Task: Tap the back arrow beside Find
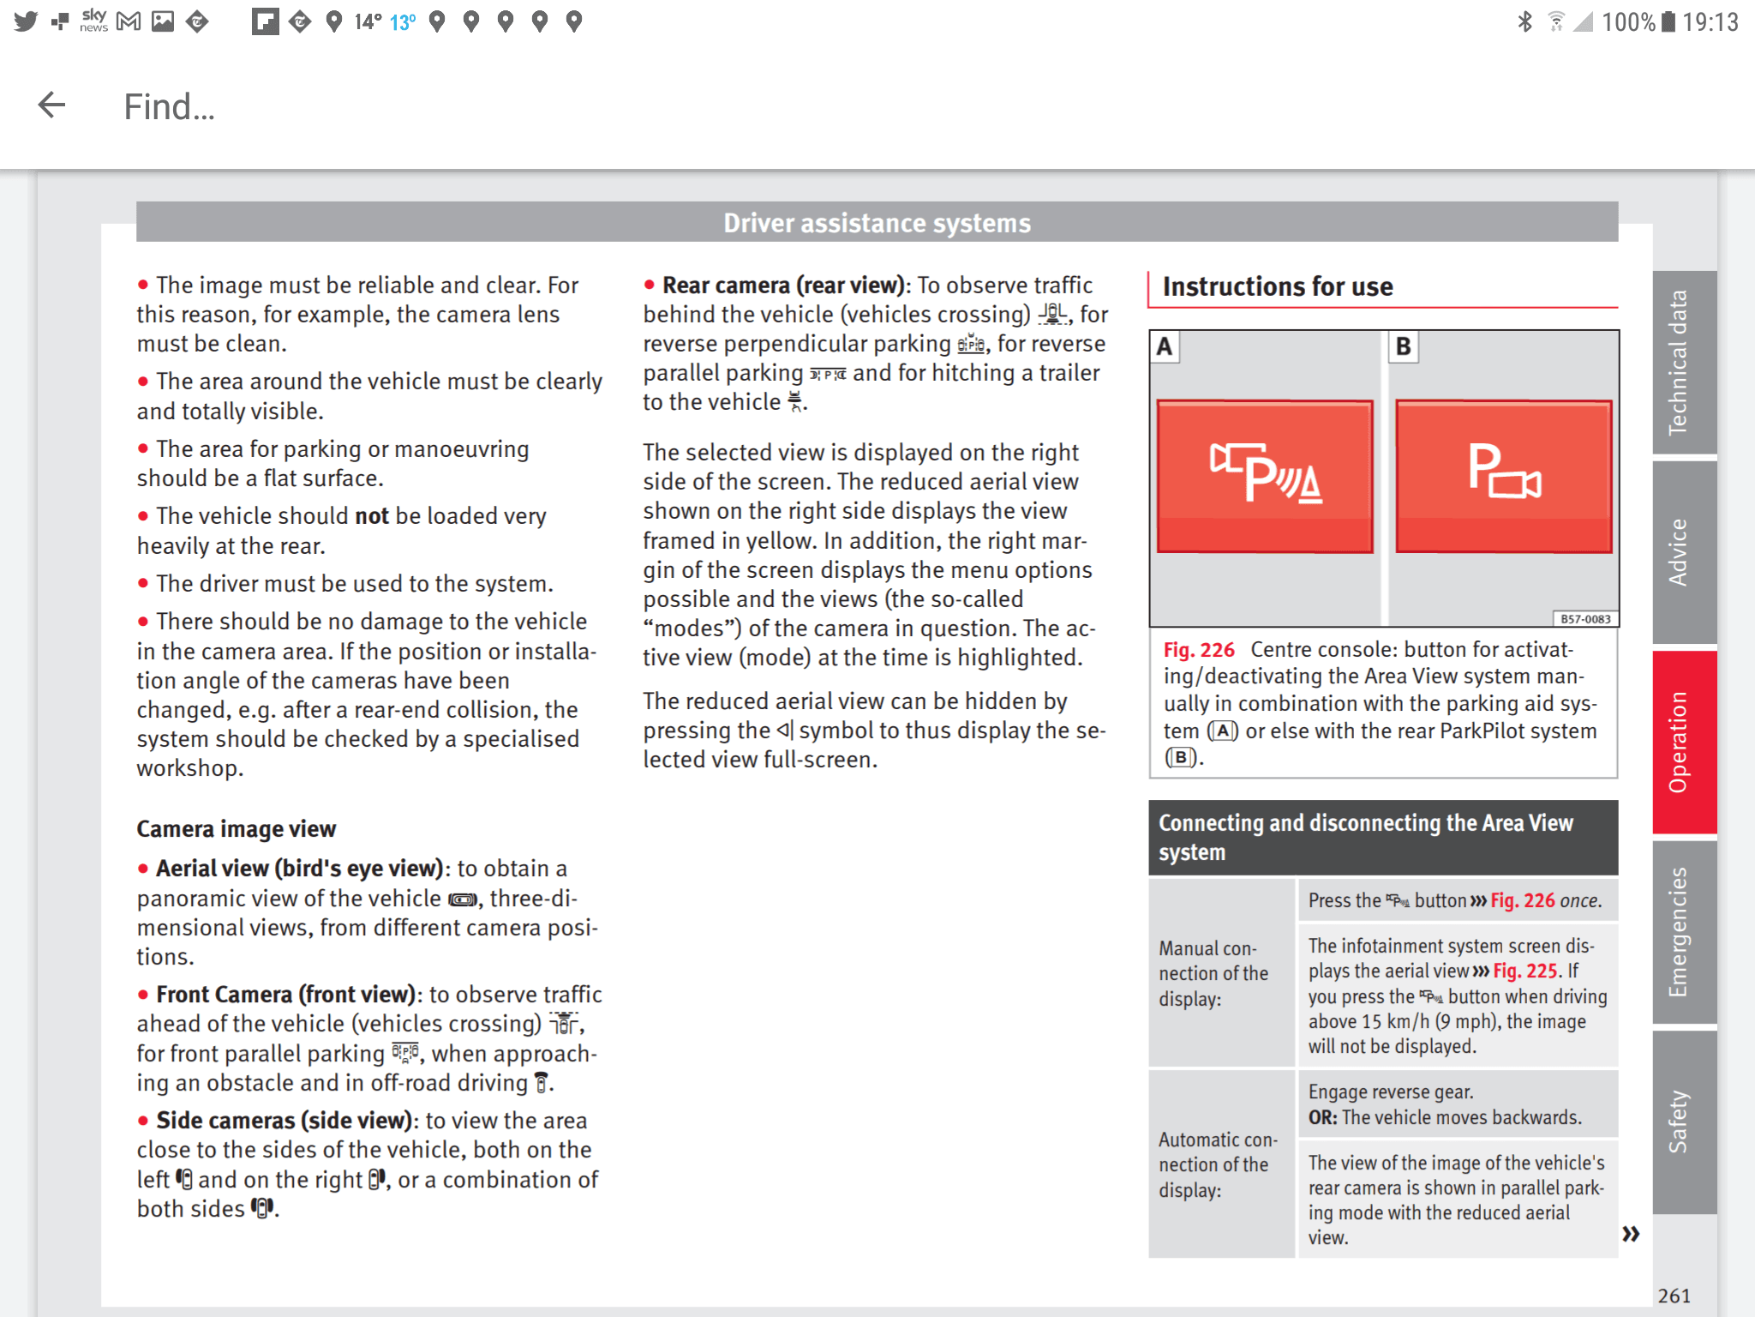51,105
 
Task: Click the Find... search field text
169,107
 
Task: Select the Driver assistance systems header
876,223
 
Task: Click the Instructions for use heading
1277,286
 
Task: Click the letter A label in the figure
1164,347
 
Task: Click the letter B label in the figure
1403,347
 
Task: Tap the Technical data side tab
1679,362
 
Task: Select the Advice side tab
1679,552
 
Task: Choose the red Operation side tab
1679,741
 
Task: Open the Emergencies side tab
1679,932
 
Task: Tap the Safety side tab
1679,1121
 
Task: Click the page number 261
1674,1296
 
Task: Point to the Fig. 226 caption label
1198,650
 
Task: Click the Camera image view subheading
236,829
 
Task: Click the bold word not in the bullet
372,516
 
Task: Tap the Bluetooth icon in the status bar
1524,21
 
